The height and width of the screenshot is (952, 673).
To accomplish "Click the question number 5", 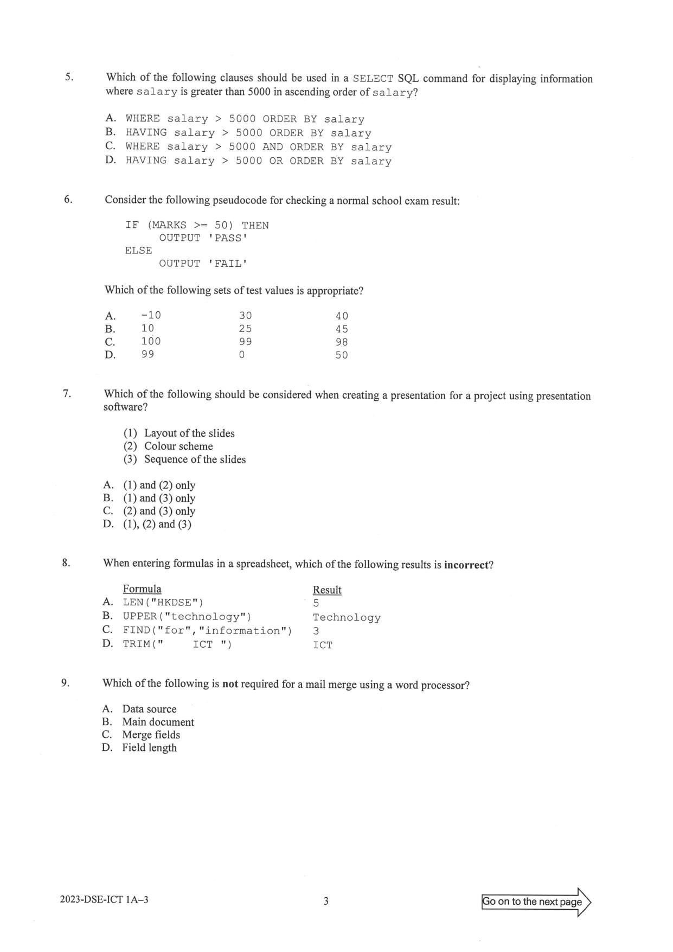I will (x=69, y=77).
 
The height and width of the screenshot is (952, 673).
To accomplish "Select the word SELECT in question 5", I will (x=373, y=79).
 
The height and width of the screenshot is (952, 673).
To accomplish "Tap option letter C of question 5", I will (x=110, y=146).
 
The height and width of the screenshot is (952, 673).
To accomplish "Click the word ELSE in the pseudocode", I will (x=138, y=251).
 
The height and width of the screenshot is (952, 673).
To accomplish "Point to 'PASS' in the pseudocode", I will (x=228, y=238).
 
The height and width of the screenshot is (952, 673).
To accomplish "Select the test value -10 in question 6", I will (x=151, y=316).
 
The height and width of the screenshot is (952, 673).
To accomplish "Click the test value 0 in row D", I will (x=242, y=355).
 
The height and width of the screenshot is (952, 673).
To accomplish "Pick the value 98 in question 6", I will (x=342, y=342).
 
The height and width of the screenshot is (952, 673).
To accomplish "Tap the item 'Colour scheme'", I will (x=178, y=446).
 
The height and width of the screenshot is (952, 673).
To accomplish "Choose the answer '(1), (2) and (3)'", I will (x=157, y=524).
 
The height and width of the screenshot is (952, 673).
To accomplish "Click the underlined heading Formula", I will (x=142, y=589).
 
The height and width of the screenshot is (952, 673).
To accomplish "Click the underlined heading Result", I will (x=327, y=590).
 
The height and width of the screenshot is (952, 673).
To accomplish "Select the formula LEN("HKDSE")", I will (x=163, y=602).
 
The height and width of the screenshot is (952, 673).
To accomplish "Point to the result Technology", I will (x=347, y=617).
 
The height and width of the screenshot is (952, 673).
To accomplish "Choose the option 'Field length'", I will (x=149, y=748).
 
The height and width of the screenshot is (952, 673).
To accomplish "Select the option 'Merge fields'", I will (x=151, y=735).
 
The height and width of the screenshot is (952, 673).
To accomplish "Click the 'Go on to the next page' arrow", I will (x=536, y=902).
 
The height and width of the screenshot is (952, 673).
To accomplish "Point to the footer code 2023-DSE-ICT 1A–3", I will (x=104, y=900).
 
